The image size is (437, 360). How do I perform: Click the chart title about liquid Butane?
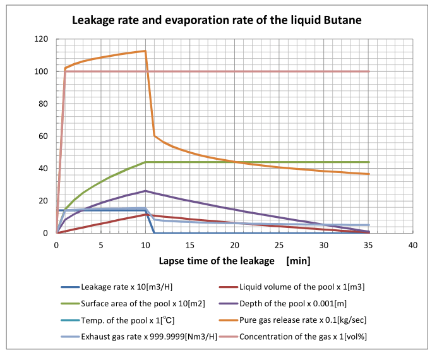coord(216,20)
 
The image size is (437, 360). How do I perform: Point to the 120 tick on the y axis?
coord(42,39)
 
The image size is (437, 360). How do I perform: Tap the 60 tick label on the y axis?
coord(44,136)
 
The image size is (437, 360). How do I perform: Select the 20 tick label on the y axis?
coord(44,201)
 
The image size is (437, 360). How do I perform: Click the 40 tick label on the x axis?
coord(413,245)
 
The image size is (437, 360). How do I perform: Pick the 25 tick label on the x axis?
coord(279,245)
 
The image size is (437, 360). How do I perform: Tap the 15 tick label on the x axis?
coord(190,245)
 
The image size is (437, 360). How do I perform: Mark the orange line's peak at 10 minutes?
coord(145,51)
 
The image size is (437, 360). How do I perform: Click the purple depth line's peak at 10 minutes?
coord(146,191)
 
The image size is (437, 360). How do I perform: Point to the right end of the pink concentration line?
coord(369,71)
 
